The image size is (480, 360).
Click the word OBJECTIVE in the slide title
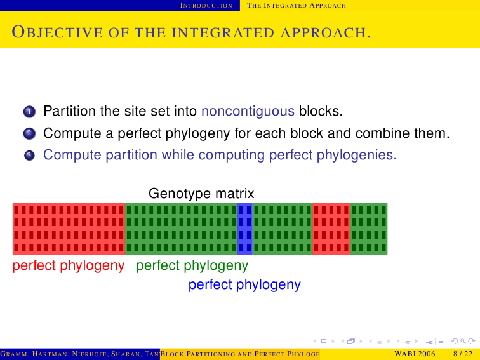coord(57,32)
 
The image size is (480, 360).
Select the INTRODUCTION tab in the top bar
coord(206,6)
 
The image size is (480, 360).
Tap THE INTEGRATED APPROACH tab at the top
coord(297,6)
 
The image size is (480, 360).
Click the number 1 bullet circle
coord(29,112)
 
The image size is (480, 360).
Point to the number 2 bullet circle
coord(29,133)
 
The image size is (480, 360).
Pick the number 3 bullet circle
coord(29,156)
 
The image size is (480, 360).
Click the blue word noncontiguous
coord(248,111)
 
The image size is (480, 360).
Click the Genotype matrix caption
coord(201,194)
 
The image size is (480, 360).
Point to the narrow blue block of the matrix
coord(245,229)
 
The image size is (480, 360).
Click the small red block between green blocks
coord(331,229)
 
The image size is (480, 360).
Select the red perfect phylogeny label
coord(69,265)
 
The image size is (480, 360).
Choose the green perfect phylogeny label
coord(192,265)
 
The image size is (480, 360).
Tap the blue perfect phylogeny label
coord(244,284)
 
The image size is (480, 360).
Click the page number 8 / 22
coord(463,354)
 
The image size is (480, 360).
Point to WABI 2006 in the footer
coord(415,354)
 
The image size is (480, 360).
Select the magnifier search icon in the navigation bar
coord(463,341)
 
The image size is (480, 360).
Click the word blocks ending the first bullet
coord(321,111)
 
